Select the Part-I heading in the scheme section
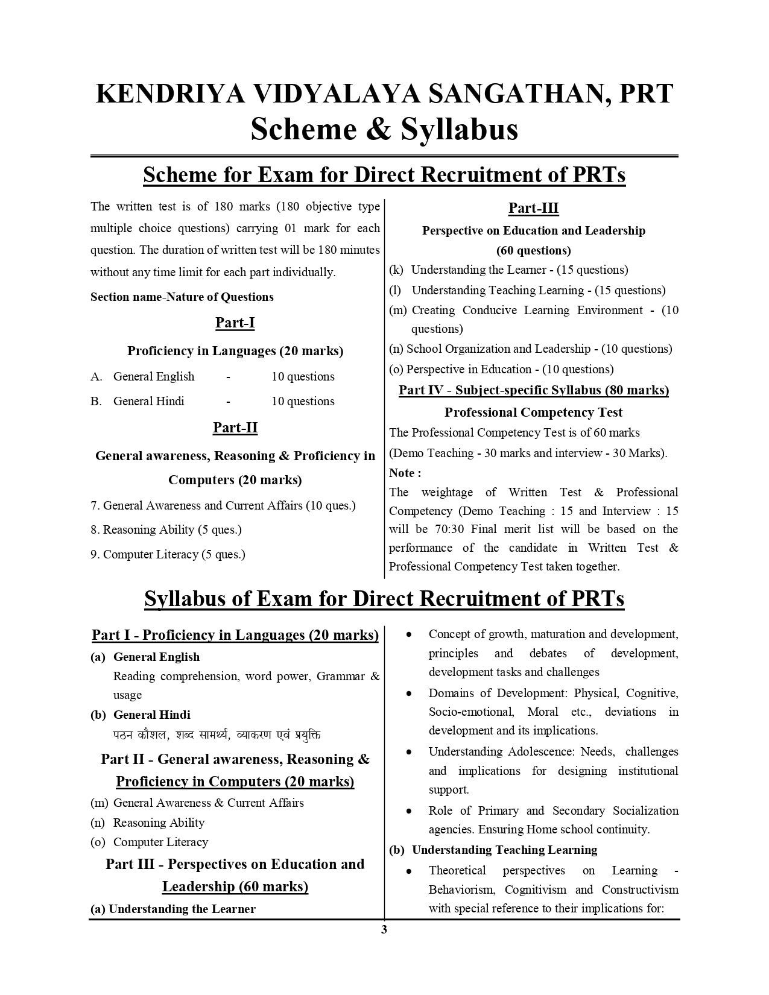[235, 323]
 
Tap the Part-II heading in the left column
[235, 428]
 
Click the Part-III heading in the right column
[533, 209]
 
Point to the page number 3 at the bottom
[384, 929]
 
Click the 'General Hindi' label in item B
[148, 401]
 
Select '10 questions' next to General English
[303, 376]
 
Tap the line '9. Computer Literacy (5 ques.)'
[168, 554]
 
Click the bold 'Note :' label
[405, 473]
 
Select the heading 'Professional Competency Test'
[533, 412]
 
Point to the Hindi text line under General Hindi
[217, 734]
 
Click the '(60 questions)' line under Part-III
[533, 250]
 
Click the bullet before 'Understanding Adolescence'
[409, 752]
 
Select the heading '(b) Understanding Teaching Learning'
[493, 850]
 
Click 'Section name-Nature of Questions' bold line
[182, 297]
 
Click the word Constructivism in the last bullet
[639, 889]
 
